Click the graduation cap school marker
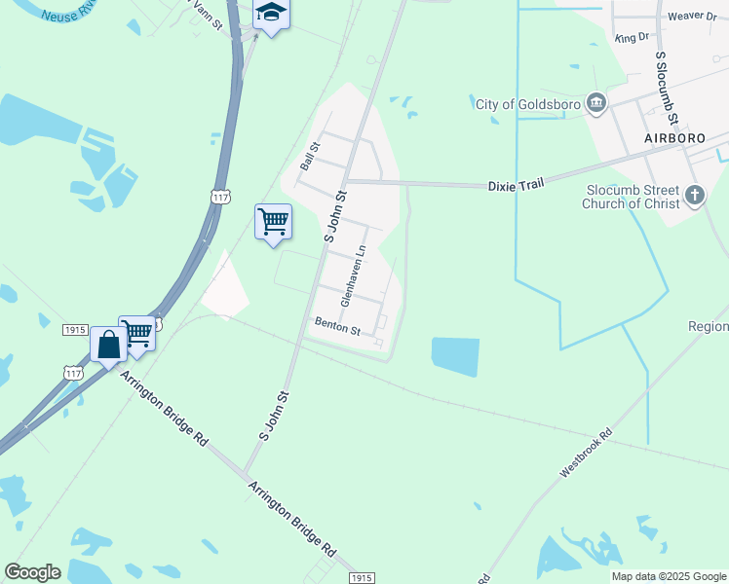coord(272,14)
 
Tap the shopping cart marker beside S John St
coord(273,222)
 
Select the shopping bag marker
coord(108,344)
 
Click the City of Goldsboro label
coord(527,104)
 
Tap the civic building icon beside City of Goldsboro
coord(596,103)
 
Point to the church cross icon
coord(694,196)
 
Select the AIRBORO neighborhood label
coord(674,139)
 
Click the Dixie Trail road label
coord(514,184)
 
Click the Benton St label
coord(337,326)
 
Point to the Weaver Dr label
coord(693,18)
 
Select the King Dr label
coord(632,37)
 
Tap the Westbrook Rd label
coord(587,453)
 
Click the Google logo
coord(32,572)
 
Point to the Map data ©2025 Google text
coord(669,576)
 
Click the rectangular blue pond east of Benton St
coord(455,356)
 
